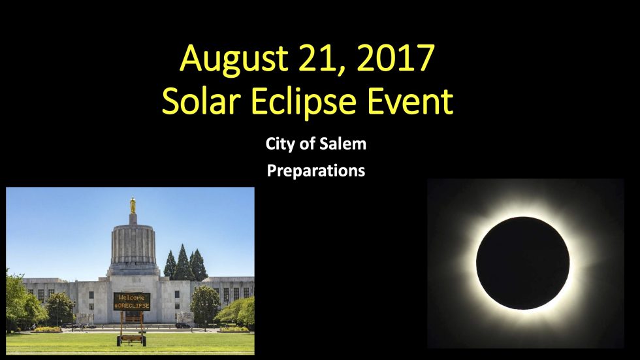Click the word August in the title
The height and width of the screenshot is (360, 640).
coord(234,59)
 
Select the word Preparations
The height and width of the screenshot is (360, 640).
coord(316,171)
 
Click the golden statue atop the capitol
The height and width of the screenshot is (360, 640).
coord(133,205)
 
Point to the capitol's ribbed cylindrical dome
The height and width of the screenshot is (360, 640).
coord(133,243)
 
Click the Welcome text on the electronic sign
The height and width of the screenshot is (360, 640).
coord(131,297)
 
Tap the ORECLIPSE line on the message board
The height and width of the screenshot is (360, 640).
coord(131,306)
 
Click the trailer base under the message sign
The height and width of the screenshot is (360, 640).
coord(131,339)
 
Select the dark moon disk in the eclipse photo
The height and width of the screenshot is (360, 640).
coord(522,263)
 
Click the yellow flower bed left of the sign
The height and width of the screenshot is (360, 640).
coord(48,329)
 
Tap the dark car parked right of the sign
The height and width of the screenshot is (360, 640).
coord(182,325)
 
